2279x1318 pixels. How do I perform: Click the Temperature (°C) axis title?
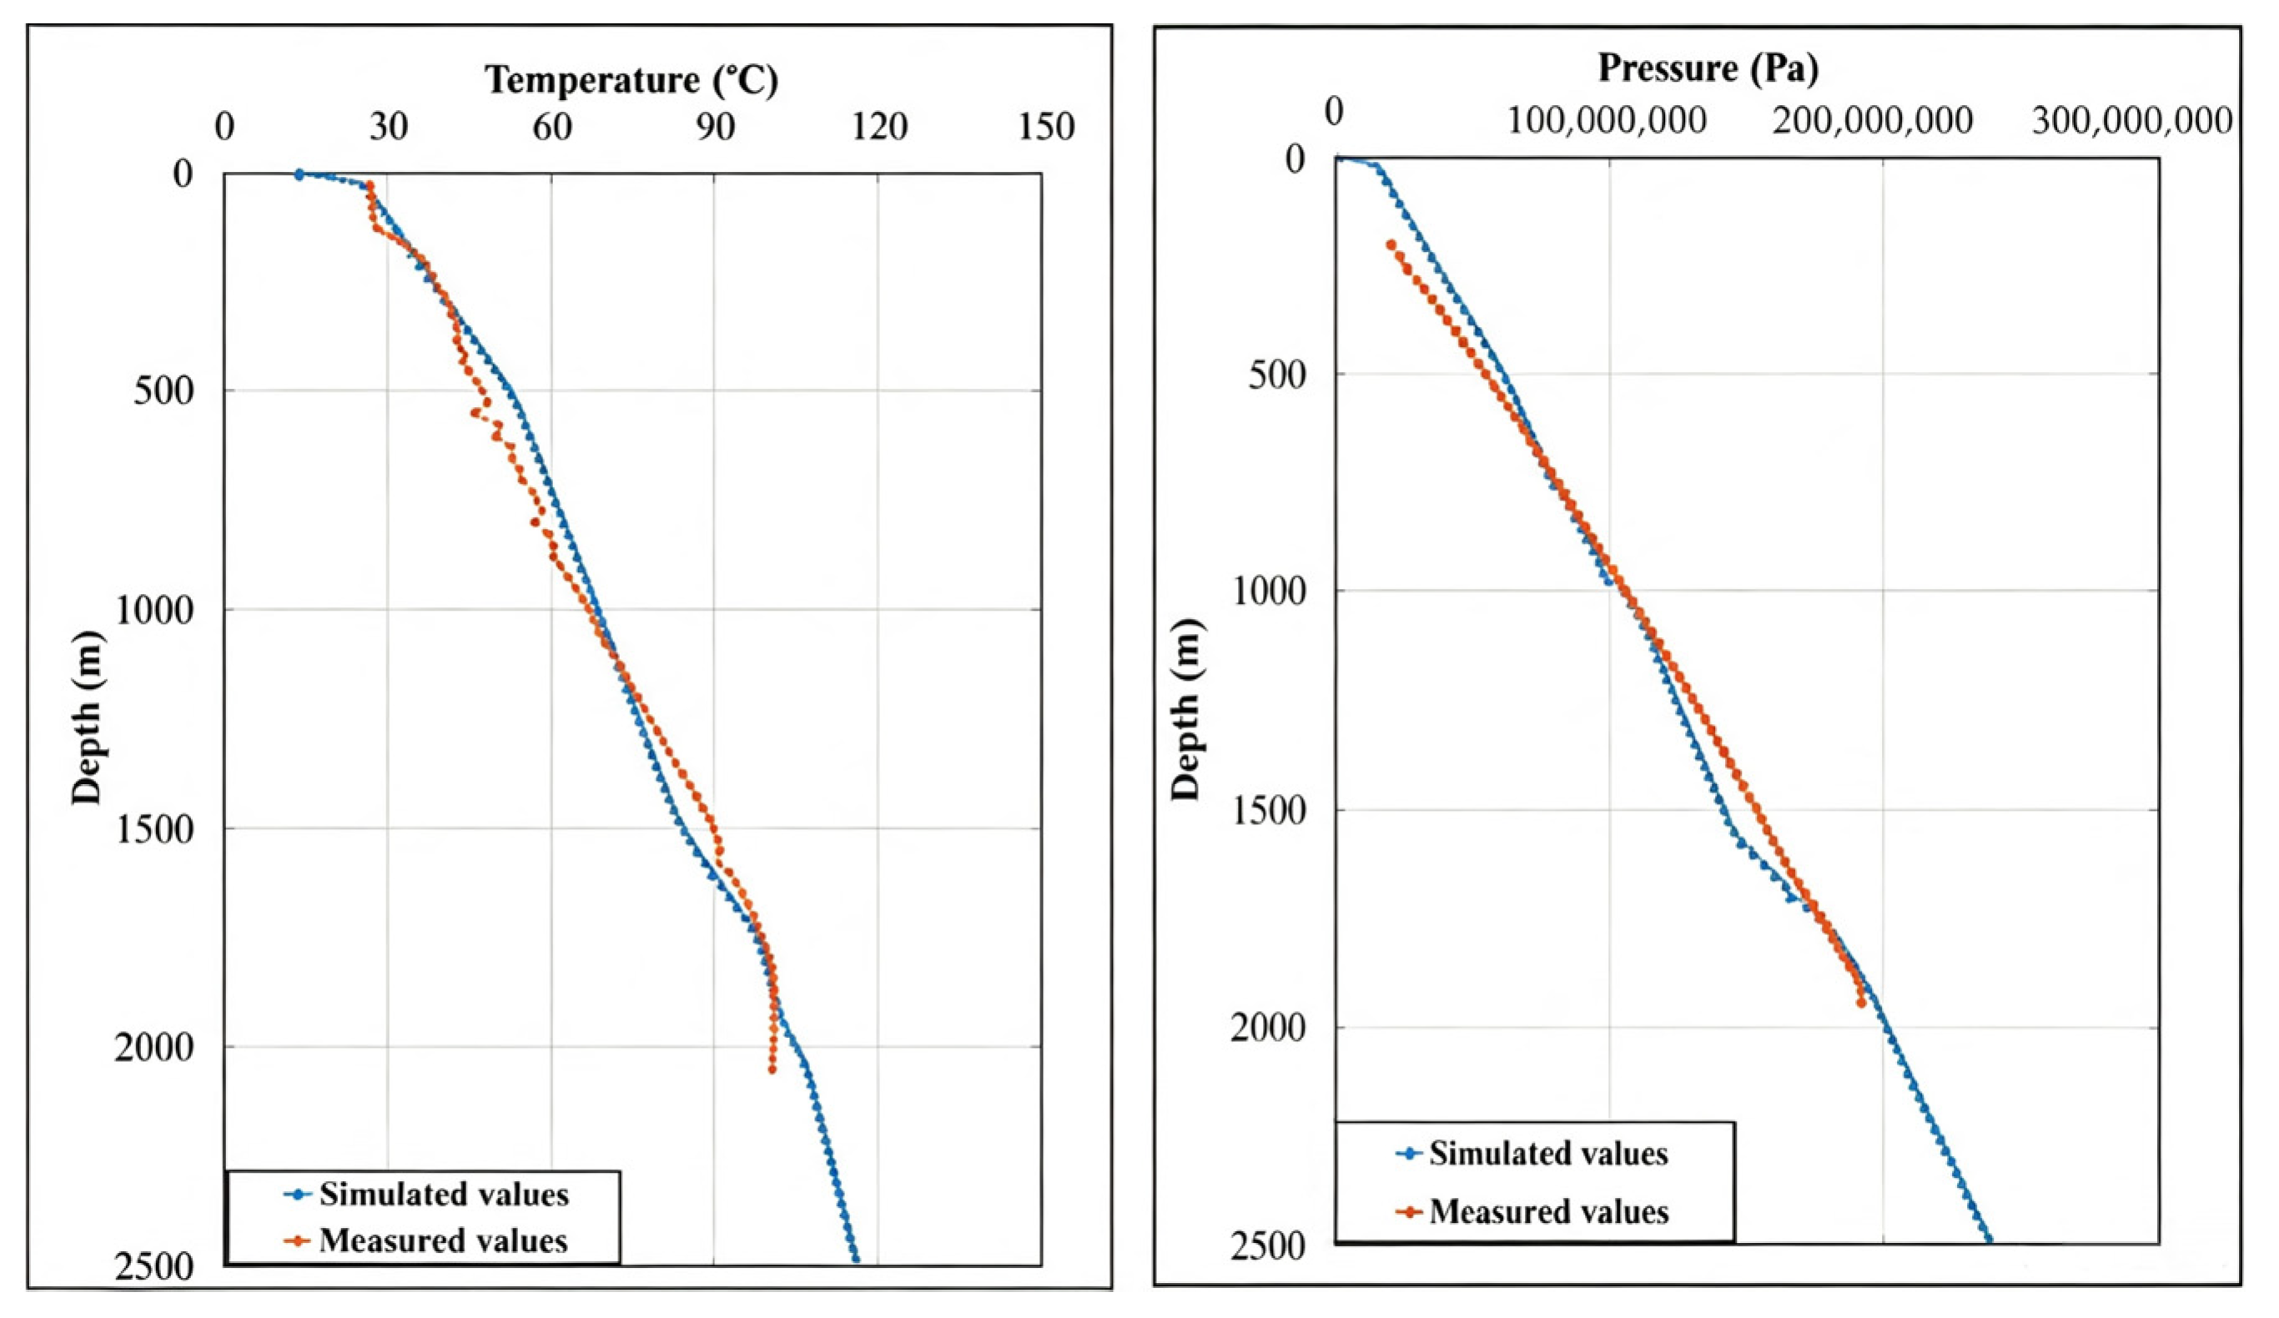click(632, 81)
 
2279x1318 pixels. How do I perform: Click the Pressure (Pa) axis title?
click(1708, 68)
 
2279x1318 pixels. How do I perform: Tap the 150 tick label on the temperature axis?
click(1046, 127)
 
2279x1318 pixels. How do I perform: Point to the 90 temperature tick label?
click(714, 127)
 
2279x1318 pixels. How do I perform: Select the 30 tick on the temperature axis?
click(388, 127)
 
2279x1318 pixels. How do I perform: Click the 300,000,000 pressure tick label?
click(2132, 120)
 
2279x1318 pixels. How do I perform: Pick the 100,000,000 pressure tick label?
click(1607, 120)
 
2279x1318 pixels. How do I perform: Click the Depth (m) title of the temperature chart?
click(88, 717)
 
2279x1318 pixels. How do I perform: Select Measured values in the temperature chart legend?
click(443, 1240)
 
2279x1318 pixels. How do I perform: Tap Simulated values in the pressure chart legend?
click(1548, 1154)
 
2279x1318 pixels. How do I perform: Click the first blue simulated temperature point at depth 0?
click(299, 174)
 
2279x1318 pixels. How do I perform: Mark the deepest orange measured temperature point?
click(772, 1070)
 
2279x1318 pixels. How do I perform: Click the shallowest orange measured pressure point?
click(1391, 244)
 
